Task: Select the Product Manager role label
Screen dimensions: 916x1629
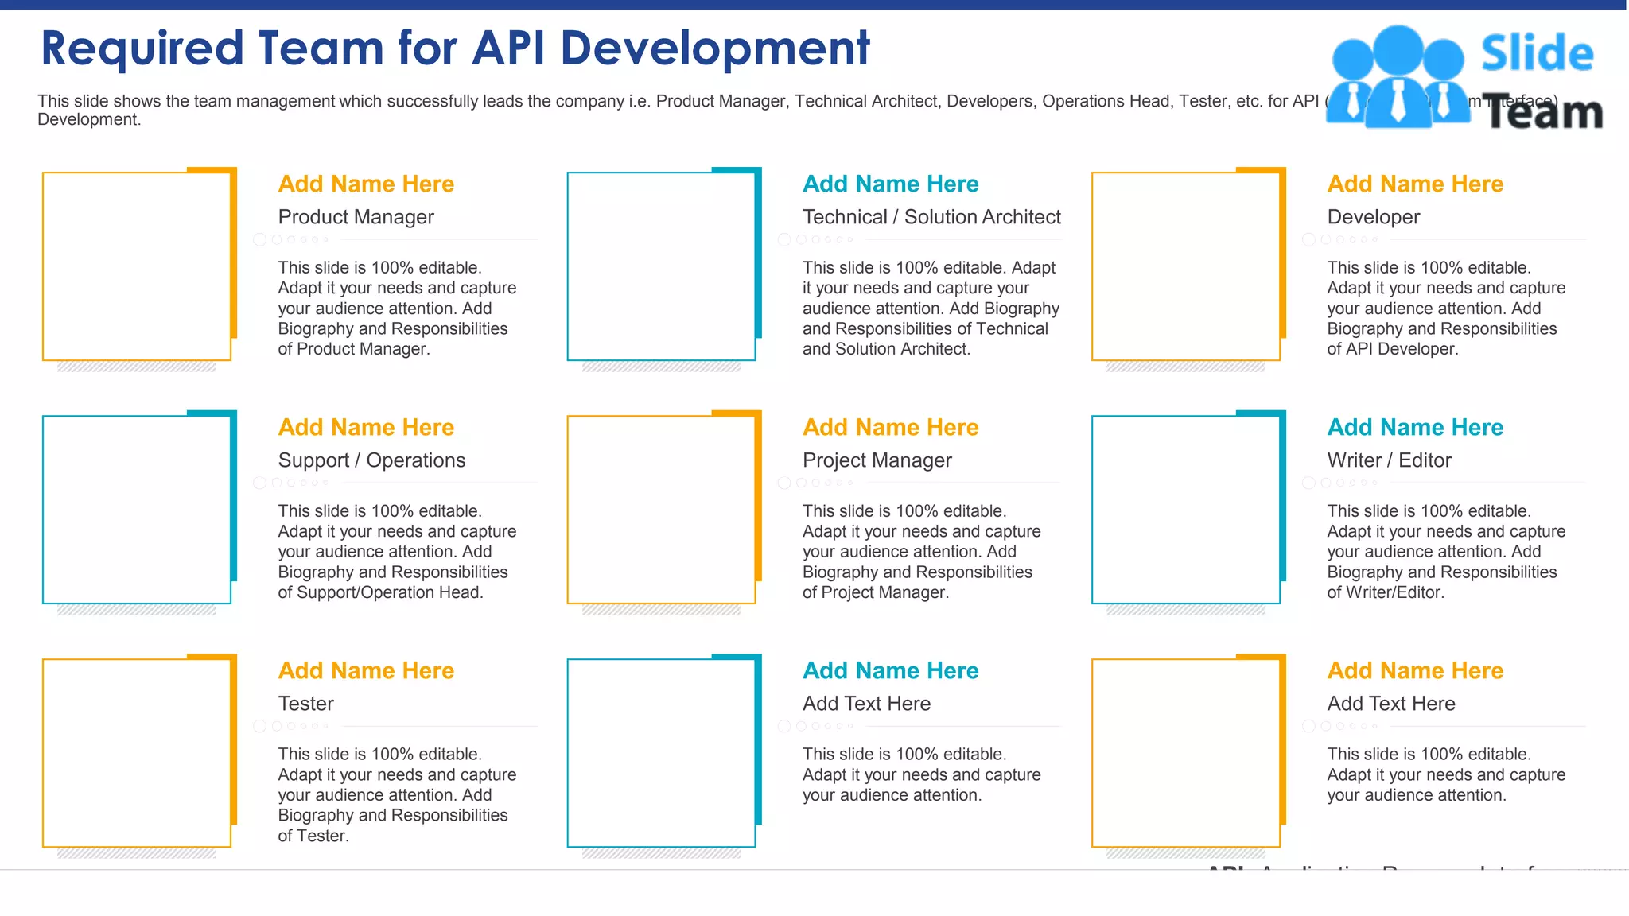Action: click(356, 217)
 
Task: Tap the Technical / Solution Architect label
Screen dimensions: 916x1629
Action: click(931, 217)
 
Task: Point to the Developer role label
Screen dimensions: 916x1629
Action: click(1373, 217)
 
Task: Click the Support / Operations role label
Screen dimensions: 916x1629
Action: click(371, 460)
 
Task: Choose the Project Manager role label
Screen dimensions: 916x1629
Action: click(877, 460)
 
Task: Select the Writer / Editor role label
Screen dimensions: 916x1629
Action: click(1389, 460)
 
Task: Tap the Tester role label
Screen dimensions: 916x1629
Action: click(305, 704)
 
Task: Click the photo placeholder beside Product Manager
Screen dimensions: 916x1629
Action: click(137, 266)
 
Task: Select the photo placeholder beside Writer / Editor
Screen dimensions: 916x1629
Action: click(1185, 510)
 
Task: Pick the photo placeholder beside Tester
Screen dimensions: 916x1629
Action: click(137, 753)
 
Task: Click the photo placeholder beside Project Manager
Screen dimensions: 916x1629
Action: click(661, 510)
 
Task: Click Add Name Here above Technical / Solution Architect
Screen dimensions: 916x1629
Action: click(890, 184)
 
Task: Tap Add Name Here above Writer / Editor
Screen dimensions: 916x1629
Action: click(1415, 427)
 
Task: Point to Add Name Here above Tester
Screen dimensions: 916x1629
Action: click(366, 670)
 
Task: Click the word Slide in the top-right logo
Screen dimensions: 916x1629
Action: click(1537, 54)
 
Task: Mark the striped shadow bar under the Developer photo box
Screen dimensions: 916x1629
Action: click(1185, 367)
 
